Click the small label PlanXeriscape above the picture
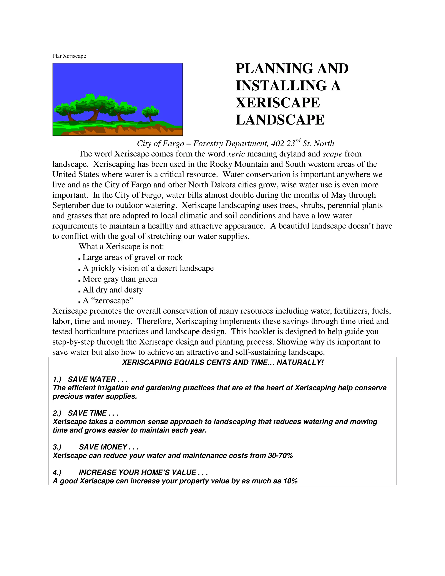(x=69, y=56)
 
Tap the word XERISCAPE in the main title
(x=278, y=103)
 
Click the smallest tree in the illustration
(x=151, y=113)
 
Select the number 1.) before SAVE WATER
(x=57, y=380)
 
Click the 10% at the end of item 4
(x=291, y=481)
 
